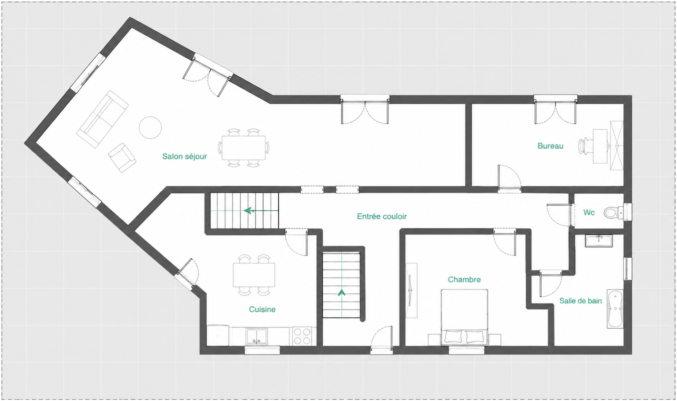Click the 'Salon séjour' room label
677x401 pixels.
click(184, 156)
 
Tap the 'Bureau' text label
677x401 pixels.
click(550, 146)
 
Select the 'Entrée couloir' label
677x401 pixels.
click(382, 216)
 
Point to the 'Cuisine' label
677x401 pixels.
click(262, 309)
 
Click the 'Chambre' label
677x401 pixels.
click(464, 279)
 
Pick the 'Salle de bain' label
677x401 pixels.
click(580, 301)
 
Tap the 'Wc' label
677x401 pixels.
click(589, 213)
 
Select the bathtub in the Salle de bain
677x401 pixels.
click(615, 309)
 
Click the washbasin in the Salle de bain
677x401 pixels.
click(599, 241)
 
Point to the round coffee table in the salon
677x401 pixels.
click(150, 128)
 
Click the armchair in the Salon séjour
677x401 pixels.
click(122, 157)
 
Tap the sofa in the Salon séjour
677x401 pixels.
click(102, 119)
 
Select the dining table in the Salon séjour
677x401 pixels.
click(244, 148)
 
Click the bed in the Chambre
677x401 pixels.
click(464, 317)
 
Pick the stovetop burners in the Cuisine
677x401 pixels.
click(302, 336)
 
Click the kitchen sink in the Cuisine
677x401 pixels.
click(256, 337)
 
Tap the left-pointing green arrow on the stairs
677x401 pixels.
click(261, 211)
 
